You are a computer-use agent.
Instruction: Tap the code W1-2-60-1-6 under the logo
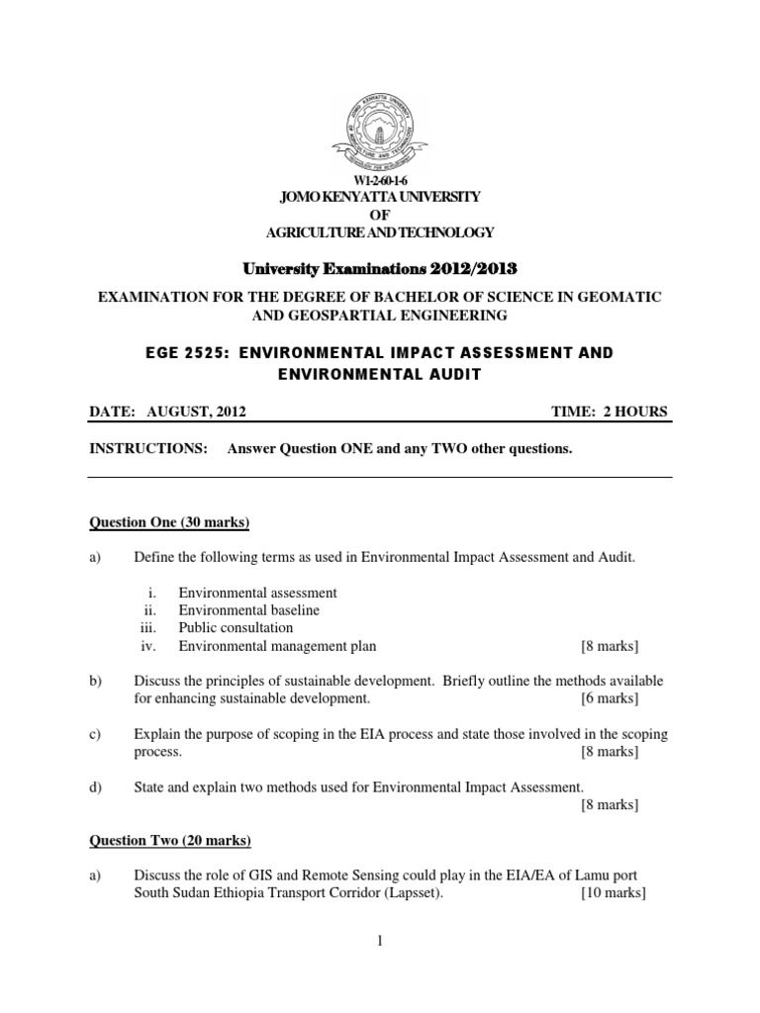coord(380,182)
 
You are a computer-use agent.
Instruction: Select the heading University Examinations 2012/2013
coord(380,268)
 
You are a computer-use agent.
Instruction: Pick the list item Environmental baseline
coord(248,610)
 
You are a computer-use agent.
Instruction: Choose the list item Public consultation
coord(236,628)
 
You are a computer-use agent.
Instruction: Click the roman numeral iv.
coord(147,646)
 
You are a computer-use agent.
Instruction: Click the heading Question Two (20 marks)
coord(170,841)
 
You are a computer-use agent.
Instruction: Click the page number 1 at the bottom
coord(379,942)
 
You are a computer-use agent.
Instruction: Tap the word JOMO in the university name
coord(300,197)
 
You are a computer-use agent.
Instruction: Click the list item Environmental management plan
coord(277,646)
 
